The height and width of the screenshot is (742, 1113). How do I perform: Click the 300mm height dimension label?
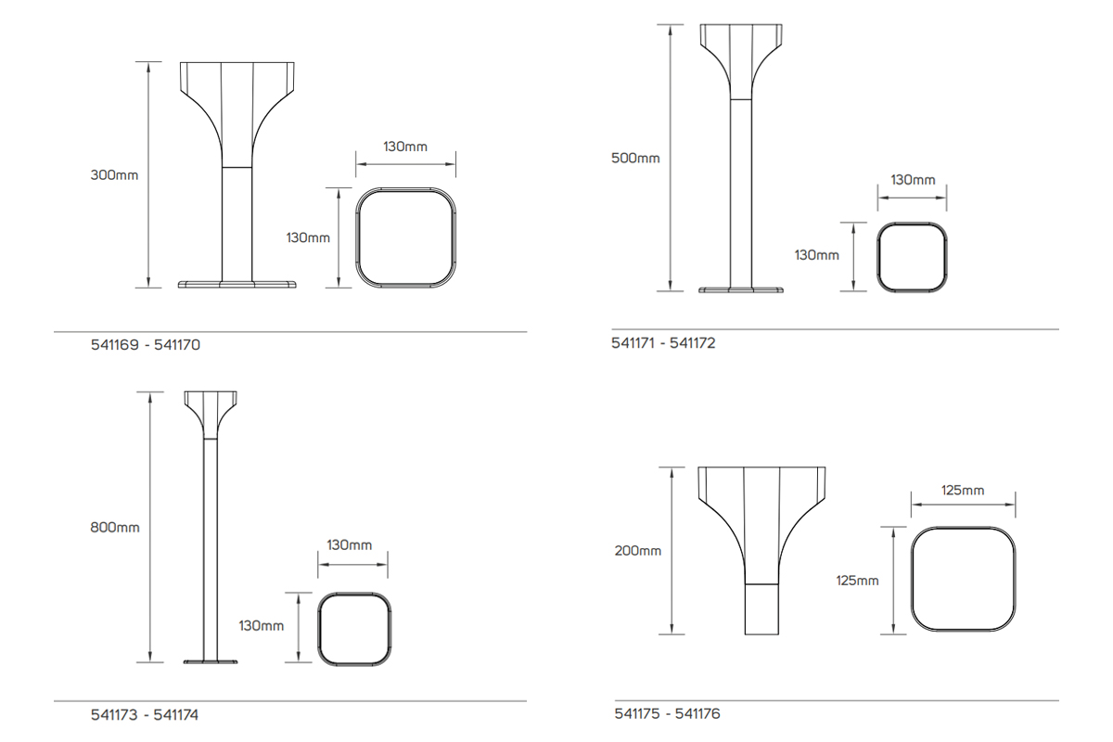(114, 174)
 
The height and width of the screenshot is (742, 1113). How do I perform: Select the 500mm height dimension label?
(635, 158)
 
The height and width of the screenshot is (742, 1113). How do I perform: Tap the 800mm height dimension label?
(115, 527)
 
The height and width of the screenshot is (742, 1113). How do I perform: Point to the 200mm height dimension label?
(638, 551)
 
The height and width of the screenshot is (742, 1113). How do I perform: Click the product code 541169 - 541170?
(146, 345)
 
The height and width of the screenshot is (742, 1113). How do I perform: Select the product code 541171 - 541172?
(663, 343)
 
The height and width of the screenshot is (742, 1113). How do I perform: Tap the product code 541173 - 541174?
(145, 715)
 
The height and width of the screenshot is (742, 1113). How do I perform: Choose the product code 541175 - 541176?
(667, 713)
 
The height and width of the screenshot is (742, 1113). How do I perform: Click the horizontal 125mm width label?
(962, 490)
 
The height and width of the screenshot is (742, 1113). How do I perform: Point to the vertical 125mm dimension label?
(857, 581)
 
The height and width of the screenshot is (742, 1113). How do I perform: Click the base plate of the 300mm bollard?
(237, 284)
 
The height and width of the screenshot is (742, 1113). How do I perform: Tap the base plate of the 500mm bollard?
(741, 290)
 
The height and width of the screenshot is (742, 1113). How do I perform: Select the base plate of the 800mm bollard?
(211, 661)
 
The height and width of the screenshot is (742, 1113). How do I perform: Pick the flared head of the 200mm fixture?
(761, 510)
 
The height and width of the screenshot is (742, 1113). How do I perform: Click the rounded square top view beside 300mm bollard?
(406, 237)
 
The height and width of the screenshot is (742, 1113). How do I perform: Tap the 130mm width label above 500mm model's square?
(913, 179)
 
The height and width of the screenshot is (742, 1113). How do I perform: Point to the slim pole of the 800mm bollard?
(211, 547)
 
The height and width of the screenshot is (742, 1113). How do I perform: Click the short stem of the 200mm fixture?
(761, 609)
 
